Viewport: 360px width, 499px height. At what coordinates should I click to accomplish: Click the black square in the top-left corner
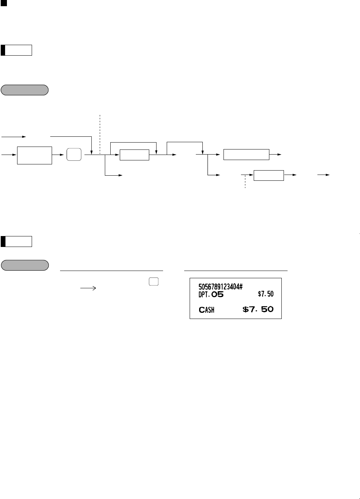(x=4, y=3)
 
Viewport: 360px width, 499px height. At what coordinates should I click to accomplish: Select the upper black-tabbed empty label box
(x=16, y=50)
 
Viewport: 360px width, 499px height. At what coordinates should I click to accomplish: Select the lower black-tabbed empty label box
(x=16, y=241)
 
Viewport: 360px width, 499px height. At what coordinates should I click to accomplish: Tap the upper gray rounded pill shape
(x=25, y=90)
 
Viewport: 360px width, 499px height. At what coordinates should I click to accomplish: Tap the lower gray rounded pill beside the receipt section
(x=25, y=265)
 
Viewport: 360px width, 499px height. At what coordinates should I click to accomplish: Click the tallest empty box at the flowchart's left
(x=35, y=155)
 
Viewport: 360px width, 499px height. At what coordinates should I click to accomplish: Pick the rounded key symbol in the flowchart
(x=74, y=155)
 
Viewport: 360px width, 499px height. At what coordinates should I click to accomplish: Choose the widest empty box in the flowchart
(x=246, y=155)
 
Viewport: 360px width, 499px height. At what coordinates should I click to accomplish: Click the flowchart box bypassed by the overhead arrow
(x=134, y=155)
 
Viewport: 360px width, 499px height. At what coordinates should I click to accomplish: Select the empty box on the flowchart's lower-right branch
(x=269, y=175)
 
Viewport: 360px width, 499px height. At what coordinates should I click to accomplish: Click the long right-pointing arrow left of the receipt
(x=88, y=288)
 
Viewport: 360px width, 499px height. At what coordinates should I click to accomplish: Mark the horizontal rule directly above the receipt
(x=236, y=271)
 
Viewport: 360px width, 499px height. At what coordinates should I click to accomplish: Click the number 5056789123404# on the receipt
(x=221, y=287)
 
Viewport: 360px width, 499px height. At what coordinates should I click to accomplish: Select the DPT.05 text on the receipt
(x=211, y=294)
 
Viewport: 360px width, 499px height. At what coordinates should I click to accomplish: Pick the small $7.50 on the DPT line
(x=265, y=294)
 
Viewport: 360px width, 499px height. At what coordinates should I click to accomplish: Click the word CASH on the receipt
(x=206, y=310)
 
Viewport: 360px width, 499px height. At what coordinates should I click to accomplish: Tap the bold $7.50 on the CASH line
(x=258, y=310)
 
